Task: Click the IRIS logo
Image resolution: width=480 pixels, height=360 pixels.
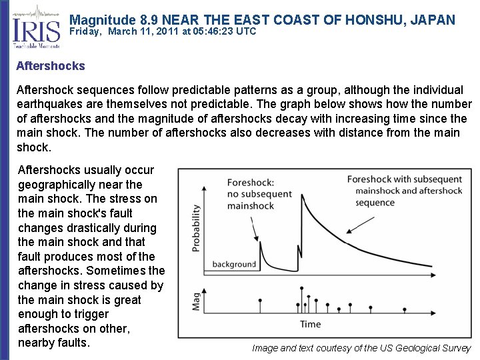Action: pyautogui.click(x=34, y=27)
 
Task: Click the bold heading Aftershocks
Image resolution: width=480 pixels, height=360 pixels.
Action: pyautogui.click(x=51, y=66)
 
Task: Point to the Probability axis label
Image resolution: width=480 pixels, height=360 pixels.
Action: pyautogui.click(x=196, y=227)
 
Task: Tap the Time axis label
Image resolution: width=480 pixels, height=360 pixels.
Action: pyautogui.click(x=310, y=325)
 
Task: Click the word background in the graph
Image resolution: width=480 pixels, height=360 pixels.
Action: pyautogui.click(x=234, y=264)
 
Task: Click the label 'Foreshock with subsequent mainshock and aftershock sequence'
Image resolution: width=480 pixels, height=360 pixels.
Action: pyautogui.click(x=404, y=191)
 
